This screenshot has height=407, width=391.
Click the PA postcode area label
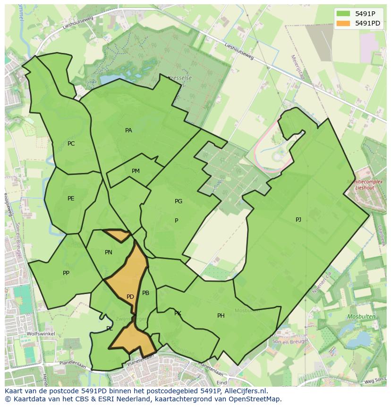[x=128, y=130]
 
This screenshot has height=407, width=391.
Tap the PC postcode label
[x=71, y=144]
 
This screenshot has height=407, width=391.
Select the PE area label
[x=71, y=199]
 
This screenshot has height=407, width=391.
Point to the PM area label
[x=136, y=171]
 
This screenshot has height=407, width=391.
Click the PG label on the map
[x=178, y=201]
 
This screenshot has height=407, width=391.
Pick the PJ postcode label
[x=298, y=220]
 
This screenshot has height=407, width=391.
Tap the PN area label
[x=109, y=252]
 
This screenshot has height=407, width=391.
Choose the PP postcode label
[x=66, y=273]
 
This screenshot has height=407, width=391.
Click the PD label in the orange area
[x=130, y=297]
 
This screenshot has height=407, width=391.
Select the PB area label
[x=145, y=293]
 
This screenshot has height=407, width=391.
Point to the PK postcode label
[x=178, y=313]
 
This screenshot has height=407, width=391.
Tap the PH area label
[x=221, y=316]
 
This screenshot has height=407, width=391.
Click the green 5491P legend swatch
[x=343, y=14]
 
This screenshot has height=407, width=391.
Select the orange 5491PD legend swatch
[x=343, y=23]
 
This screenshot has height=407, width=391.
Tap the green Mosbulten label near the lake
[x=361, y=316]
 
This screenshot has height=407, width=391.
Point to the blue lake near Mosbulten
[x=361, y=338]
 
